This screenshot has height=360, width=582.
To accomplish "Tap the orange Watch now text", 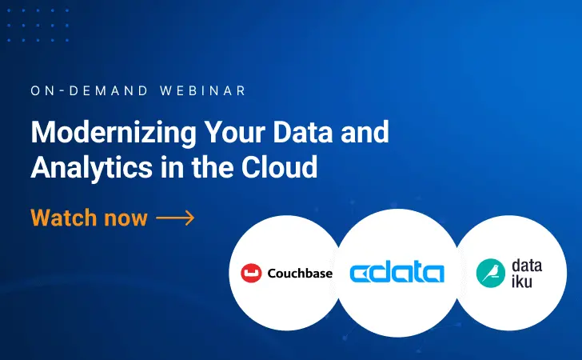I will click(x=89, y=218).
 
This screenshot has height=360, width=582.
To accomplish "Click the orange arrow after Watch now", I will click(x=175, y=218).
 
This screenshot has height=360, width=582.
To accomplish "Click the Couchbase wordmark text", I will click(x=299, y=274).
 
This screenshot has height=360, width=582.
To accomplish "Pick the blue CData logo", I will click(x=397, y=273).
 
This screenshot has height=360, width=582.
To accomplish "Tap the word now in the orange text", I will click(x=128, y=218).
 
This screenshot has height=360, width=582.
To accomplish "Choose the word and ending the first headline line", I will click(x=366, y=132).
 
